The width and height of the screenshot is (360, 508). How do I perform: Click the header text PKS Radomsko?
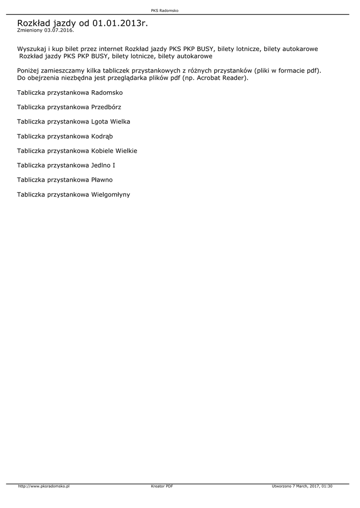point(164,10)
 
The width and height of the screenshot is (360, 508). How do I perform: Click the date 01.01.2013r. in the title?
point(120,23)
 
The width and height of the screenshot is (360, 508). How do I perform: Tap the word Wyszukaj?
point(31,49)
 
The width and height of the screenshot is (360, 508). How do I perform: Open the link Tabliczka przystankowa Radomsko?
point(70,93)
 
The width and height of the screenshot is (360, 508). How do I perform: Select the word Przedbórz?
point(106,107)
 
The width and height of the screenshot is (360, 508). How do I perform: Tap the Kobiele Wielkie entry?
point(114,151)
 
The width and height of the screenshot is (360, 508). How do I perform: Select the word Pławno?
point(102,180)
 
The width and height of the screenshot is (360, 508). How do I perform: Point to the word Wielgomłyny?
point(110,194)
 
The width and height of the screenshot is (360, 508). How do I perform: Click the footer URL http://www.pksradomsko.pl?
point(44,486)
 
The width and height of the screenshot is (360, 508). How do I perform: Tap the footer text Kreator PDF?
point(162,486)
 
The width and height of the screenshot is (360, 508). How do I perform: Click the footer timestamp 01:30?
point(327,486)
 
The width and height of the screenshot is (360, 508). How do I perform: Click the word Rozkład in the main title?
point(34,23)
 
